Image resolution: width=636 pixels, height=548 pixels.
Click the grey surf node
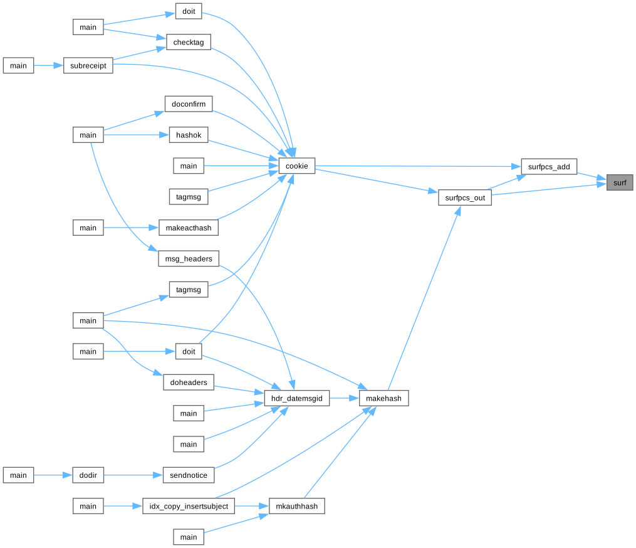[620, 182]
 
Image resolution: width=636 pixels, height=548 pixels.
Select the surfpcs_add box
[549, 166]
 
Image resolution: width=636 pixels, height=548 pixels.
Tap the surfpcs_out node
[465, 198]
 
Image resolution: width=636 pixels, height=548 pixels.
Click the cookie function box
[296, 166]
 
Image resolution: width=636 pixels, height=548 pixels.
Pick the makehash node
[384, 398]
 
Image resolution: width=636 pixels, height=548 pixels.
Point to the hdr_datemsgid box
[296, 398]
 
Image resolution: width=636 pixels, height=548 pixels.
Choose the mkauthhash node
[296, 506]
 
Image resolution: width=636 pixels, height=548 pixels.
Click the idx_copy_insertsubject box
[189, 506]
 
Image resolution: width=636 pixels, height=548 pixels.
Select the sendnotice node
[189, 475]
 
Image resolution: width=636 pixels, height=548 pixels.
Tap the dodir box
[88, 475]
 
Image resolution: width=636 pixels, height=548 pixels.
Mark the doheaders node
[189, 382]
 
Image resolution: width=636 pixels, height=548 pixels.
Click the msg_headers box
[189, 258]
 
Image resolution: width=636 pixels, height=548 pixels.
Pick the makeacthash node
[189, 228]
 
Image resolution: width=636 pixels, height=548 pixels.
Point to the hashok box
[189, 135]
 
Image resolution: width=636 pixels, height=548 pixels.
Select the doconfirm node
[189, 104]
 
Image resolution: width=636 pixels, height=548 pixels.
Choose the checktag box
[189, 42]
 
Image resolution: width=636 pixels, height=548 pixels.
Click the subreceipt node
[88, 66]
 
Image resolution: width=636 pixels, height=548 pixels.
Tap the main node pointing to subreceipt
[18, 66]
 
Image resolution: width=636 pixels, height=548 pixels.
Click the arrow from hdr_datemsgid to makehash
[344, 398]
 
